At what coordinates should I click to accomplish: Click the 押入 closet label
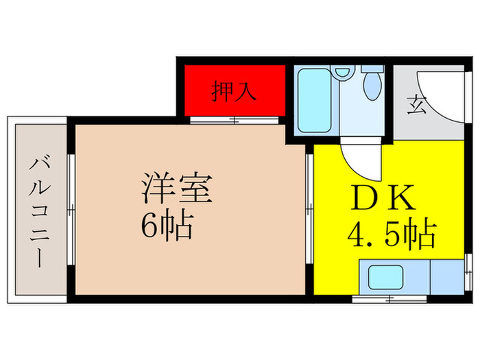[234, 91]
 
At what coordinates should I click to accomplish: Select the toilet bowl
[372, 88]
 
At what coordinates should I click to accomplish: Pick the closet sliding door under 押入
[234, 121]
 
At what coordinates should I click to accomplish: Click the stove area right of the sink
[447, 276]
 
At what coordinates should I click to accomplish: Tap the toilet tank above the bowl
[372, 69]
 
